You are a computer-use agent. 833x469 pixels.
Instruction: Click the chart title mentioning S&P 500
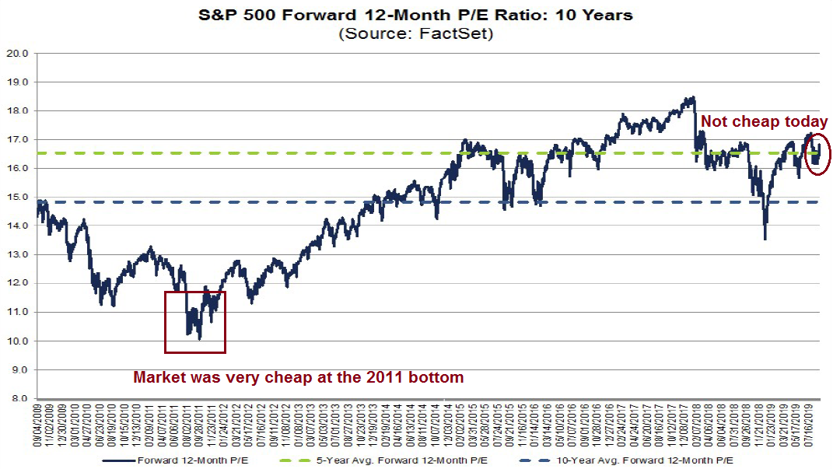(416, 14)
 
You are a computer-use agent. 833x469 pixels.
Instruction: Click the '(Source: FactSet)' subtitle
(416, 33)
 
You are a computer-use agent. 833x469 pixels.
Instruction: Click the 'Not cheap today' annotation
(764, 122)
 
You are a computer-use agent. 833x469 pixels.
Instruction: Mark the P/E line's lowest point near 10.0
(200, 338)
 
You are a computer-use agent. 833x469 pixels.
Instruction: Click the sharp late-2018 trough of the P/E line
(765, 239)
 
